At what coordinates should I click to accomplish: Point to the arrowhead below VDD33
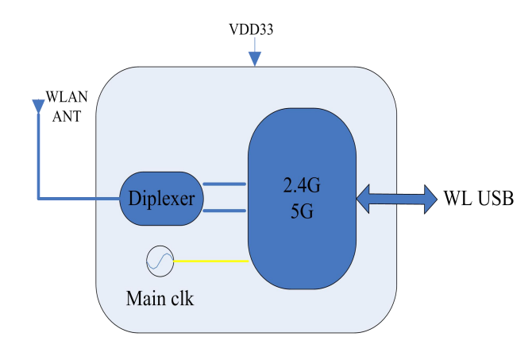(x=254, y=58)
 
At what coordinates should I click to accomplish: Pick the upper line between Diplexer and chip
(x=225, y=184)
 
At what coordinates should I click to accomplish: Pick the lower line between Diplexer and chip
(x=225, y=211)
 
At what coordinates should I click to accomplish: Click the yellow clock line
(x=211, y=260)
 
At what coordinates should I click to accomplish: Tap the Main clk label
(x=160, y=300)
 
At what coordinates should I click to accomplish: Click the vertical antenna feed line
(x=38, y=155)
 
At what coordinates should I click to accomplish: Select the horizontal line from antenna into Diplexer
(x=79, y=198)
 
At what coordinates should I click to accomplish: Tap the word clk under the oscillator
(x=181, y=300)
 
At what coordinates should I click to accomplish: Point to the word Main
(x=145, y=300)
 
